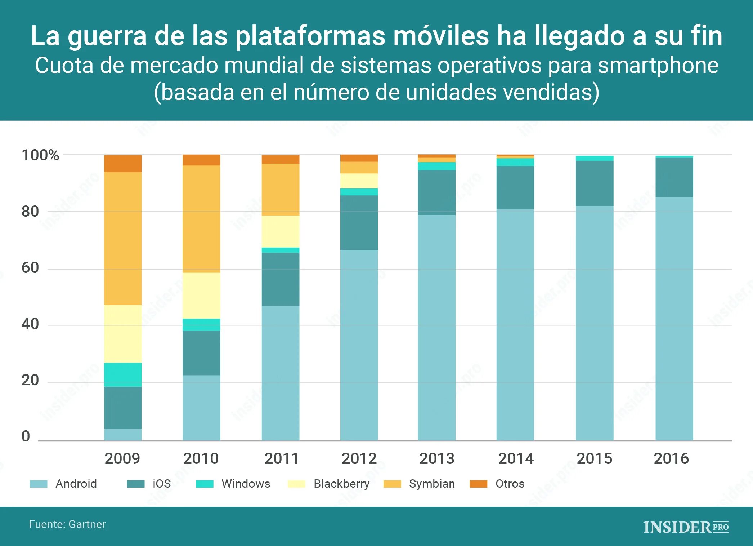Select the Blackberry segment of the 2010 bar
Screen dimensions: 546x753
[201, 296]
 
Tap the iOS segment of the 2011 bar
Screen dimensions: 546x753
[281, 279]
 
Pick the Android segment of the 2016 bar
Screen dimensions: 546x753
[674, 319]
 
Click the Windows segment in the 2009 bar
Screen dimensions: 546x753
[123, 374]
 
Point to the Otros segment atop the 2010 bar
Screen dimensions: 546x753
[201, 160]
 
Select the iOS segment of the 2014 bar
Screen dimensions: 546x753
[515, 187]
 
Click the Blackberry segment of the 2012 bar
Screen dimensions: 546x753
[359, 181]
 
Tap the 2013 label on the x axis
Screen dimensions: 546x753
[437, 458]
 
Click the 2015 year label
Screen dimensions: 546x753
[594, 458]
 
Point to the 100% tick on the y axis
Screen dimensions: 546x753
[40, 155]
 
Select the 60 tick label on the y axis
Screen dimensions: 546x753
[30, 268]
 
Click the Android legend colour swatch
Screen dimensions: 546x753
[39, 484]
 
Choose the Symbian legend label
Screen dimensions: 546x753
[432, 484]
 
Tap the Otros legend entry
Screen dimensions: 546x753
[509, 484]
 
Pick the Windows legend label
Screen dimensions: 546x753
[246, 484]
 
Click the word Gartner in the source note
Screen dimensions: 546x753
[87, 524]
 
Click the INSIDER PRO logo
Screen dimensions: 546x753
[686, 527]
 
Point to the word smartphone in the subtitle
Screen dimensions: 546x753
[658, 66]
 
